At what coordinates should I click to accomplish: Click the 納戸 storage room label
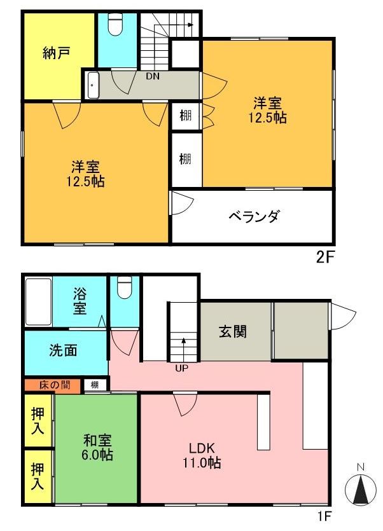coord(57,53)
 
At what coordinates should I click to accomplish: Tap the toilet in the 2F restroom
coord(115,24)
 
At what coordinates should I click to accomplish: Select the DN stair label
coord(153,76)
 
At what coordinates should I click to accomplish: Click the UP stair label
coord(182,368)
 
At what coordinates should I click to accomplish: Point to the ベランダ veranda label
coord(254,216)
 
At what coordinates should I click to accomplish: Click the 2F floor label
coord(324,258)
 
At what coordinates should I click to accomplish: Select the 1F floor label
coord(324,516)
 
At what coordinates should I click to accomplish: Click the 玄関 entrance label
coord(232,331)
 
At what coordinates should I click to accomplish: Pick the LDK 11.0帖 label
coord(202,455)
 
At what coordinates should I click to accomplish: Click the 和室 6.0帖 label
coord(97,447)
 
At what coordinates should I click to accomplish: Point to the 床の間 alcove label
coord(55,385)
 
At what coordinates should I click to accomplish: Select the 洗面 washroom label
coord(63,350)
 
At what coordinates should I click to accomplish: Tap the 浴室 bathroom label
coord(80,301)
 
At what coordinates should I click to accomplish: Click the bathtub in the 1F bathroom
coord(39,301)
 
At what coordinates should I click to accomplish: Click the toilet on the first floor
coord(125,287)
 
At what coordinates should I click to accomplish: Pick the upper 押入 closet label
coord(38,420)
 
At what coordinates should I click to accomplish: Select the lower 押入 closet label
coord(38,476)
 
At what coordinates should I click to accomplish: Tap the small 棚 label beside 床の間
coord(95,385)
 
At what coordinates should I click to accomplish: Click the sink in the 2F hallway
coord(93,85)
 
